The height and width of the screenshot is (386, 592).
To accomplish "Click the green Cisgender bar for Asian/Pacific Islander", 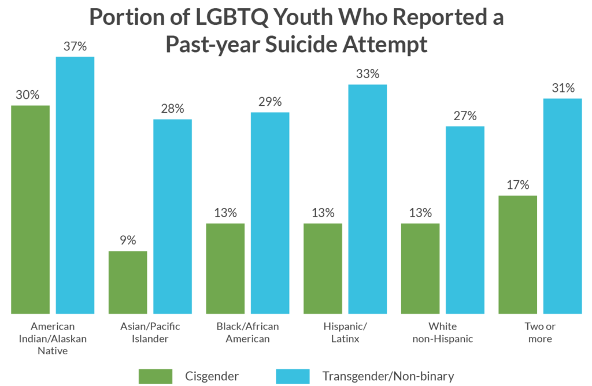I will click(128, 283).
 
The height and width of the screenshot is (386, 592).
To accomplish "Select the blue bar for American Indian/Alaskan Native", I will click(75, 185).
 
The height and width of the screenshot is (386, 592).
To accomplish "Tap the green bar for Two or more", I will click(518, 254).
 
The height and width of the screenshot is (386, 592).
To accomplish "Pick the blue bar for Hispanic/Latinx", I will click(368, 199).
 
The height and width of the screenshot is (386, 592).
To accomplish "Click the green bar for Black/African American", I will click(225, 269).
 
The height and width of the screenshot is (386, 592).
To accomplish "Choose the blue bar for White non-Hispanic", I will click(465, 220).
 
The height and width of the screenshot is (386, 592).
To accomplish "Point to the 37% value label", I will click(75, 46).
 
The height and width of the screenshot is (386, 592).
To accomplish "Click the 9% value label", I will click(128, 240).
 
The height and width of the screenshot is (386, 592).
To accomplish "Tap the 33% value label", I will click(368, 74).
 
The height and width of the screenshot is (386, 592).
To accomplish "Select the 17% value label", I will click(518, 185).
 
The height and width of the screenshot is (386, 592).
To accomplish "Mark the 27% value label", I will click(465, 116).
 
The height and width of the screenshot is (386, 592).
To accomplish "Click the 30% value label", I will click(28, 95).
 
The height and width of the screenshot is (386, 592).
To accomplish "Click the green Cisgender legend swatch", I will click(156, 376).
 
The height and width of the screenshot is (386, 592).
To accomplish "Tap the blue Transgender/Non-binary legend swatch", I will click(294, 376).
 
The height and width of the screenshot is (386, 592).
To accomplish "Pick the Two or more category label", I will click(540, 333).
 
